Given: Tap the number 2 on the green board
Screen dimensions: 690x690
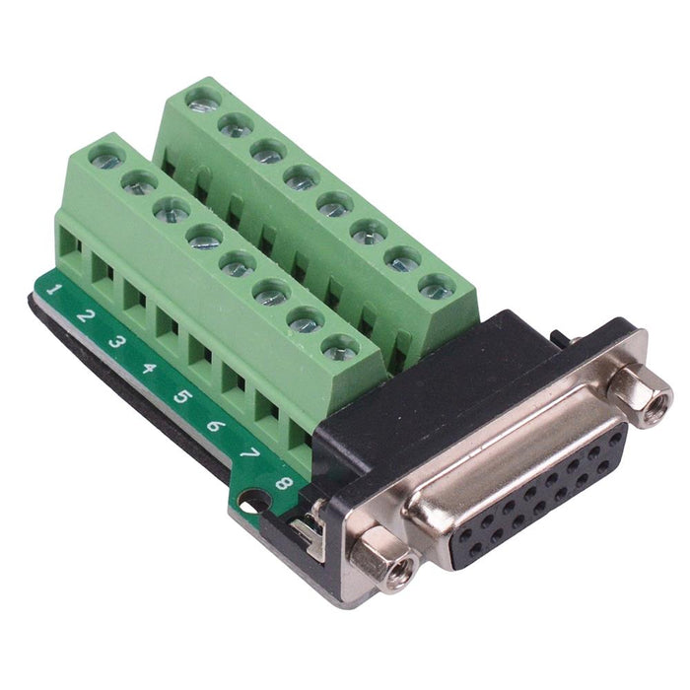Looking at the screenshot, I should (x=86, y=316).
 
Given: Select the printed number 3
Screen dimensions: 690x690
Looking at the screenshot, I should (x=117, y=343).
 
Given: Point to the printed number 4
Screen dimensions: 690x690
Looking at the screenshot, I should (x=150, y=371).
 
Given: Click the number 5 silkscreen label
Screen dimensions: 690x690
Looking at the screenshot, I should (x=182, y=397).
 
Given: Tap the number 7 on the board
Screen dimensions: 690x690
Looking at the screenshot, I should (x=249, y=454).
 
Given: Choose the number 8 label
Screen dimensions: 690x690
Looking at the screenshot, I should (x=283, y=483).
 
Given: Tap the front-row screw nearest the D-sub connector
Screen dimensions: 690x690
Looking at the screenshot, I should (x=339, y=347).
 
